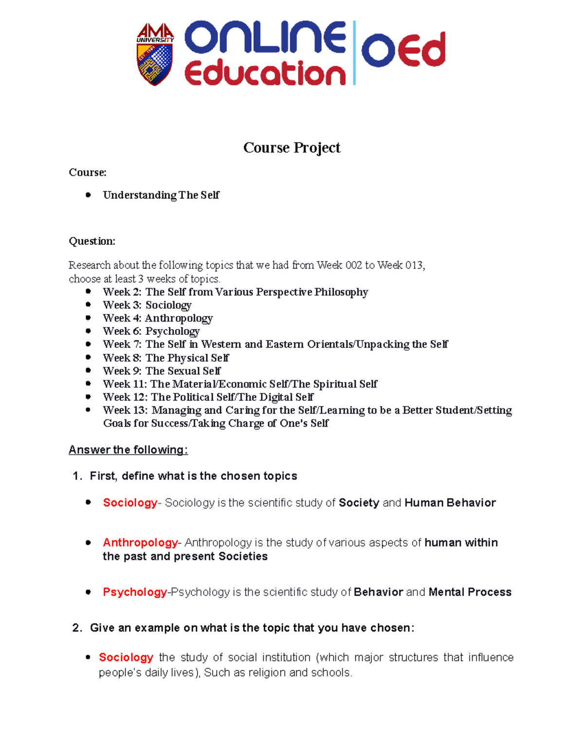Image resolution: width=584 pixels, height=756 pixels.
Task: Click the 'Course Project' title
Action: pos(292,148)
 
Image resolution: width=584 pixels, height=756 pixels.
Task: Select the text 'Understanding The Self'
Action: pos(161,195)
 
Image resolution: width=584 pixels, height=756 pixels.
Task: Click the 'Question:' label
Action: pos(92,241)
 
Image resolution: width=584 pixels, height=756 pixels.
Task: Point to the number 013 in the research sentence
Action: pos(414,265)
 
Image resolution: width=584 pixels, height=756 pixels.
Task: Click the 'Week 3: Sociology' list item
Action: pos(147,305)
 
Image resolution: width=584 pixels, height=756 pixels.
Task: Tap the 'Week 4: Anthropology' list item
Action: pos(158,318)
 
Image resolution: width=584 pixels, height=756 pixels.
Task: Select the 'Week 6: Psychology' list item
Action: pos(151,332)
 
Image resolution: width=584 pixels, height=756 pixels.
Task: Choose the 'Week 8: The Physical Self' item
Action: pos(165,358)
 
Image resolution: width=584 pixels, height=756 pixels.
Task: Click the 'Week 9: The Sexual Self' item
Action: pos(162,371)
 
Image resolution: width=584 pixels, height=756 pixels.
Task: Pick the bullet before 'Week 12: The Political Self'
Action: pos(88,397)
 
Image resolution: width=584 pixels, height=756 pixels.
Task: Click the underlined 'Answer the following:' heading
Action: pos(128,450)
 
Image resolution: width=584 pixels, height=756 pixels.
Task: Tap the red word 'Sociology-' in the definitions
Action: pos(130,503)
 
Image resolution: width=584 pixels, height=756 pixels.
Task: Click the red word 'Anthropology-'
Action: pos(142,543)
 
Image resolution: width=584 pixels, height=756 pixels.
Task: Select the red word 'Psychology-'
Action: pos(136,592)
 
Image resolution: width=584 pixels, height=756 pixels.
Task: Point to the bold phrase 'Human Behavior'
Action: pos(450,503)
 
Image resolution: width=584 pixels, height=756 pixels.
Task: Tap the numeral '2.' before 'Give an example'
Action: pos(77,628)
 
